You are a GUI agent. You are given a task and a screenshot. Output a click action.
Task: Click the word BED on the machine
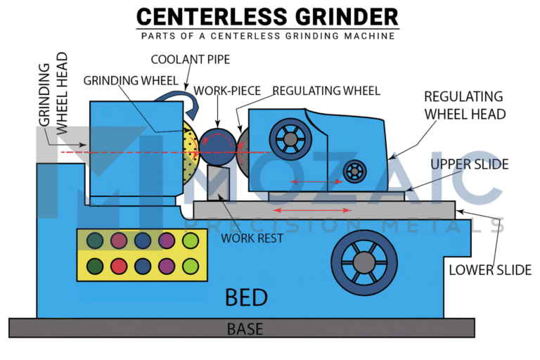(246, 297)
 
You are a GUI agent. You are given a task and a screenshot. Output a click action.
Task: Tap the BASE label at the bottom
(246, 328)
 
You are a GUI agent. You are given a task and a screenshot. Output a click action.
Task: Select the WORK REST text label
(252, 238)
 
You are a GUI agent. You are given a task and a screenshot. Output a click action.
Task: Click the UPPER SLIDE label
(469, 164)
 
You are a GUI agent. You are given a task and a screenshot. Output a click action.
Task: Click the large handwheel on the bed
(364, 262)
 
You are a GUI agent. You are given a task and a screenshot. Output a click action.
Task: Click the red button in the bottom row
(118, 266)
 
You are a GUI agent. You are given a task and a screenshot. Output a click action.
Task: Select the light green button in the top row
(191, 241)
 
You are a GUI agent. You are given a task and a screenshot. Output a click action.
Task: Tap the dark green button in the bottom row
(94, 266)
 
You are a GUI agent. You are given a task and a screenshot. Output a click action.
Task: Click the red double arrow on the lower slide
(313, 210)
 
